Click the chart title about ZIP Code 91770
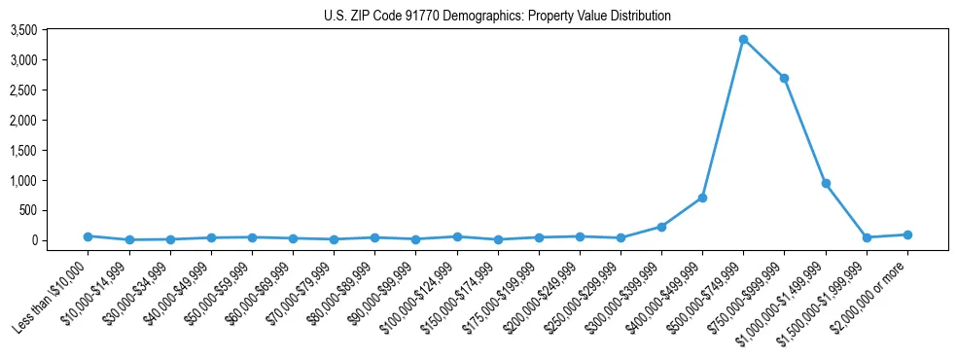click(x=497, y=16)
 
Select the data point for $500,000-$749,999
click(x=743, y=40)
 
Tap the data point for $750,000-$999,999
click(x=784, y=78)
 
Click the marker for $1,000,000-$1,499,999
click(x=826, y=183)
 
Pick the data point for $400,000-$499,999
click(x=702, y=198)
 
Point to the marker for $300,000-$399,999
click(x=661, y=227)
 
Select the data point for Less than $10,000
click(x=88, y=236)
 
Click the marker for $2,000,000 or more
click(x=907, y=234)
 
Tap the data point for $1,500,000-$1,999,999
click(x=867, y=237)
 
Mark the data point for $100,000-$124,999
click(x=456, y=236)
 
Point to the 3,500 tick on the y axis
click(x=50, y=30)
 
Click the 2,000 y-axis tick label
click(x=50, y=120)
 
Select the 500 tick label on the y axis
click(x=54, y=210)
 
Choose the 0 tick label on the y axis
click(x=60, y=240)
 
